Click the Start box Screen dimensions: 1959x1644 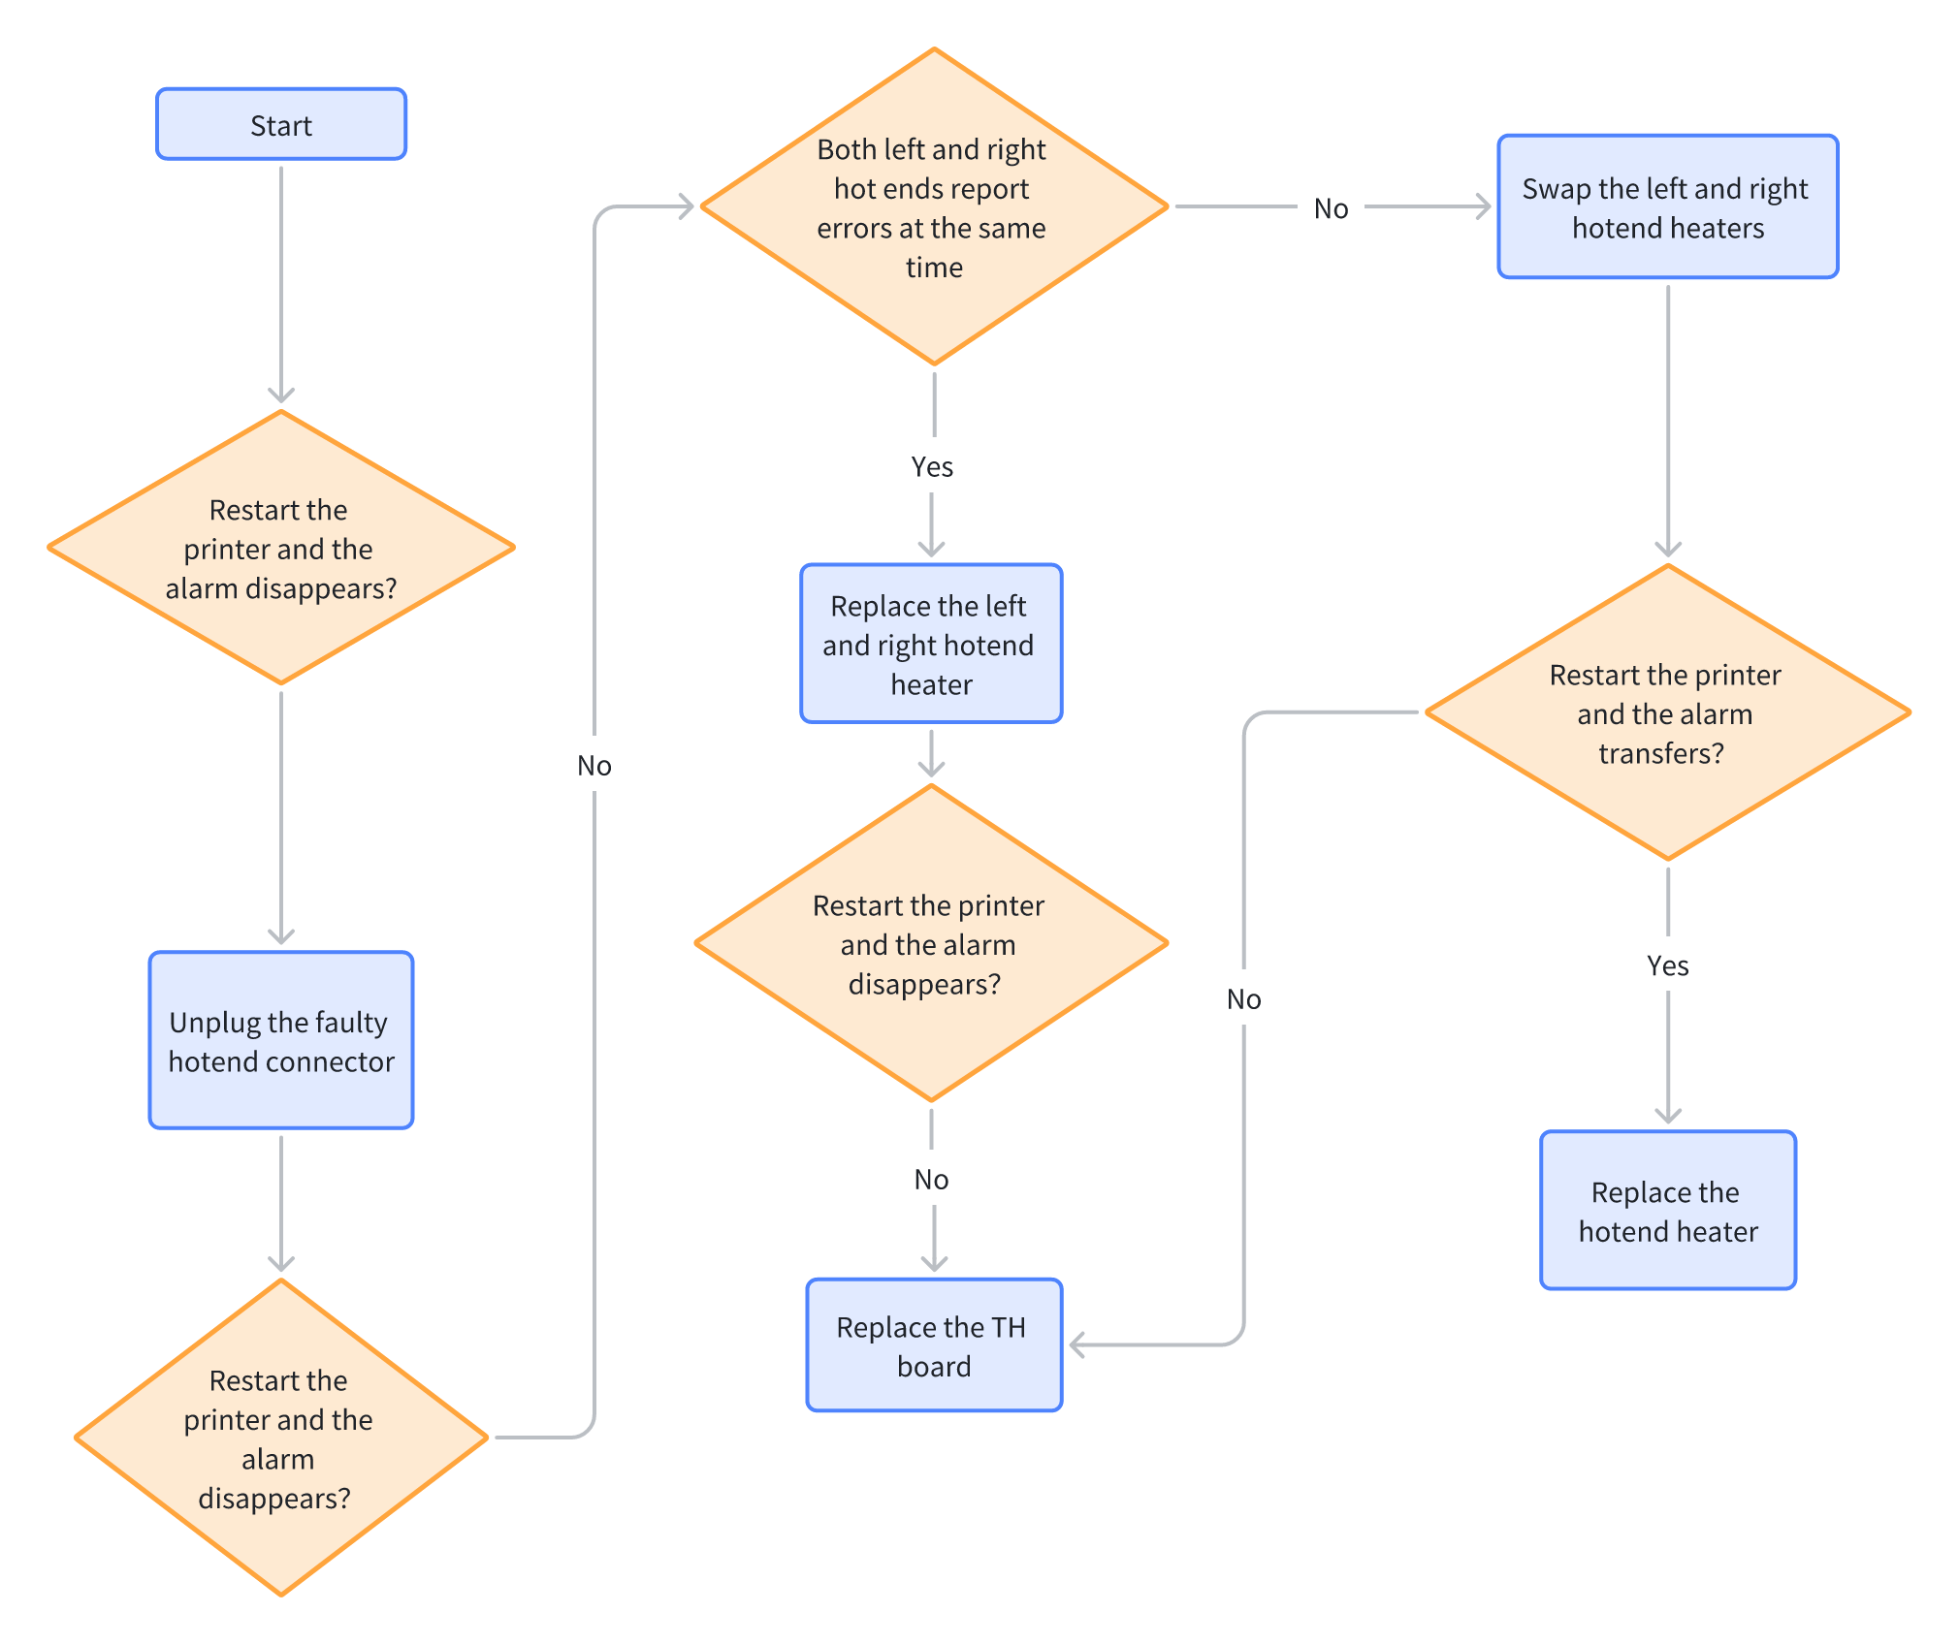coord(281,124)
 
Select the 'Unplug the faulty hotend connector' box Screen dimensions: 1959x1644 coord(281,1040)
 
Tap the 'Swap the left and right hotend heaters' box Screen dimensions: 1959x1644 coord(1668,206)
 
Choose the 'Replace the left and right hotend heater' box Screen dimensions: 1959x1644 coord(931,644)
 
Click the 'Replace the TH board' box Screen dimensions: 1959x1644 coord(934,1345)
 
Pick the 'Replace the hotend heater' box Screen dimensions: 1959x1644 coord(1668,1210)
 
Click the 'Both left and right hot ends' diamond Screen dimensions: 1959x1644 coord(934,206)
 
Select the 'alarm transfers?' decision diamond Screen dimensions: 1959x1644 coord(1668,712)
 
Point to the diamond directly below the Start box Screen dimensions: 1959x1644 coord(281,548)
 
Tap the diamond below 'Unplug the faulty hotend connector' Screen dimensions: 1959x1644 coord(281,1438)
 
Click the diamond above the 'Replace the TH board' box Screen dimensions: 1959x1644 coord(931,943)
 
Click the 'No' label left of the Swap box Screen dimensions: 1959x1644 coord(1331,208)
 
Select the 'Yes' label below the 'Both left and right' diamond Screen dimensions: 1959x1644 coord(932,467)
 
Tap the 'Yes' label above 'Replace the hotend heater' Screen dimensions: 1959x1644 coord(1668,965)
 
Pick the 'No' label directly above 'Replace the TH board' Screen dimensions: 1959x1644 coord(931,1180)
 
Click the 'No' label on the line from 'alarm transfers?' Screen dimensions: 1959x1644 coord(1243,999)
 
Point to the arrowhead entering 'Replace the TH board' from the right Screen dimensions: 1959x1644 coord(1076,1344)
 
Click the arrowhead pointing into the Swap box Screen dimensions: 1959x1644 coord(1484,206)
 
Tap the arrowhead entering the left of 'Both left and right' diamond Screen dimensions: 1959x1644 coord(687,206)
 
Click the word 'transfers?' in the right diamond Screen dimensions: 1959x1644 coord(1661,753)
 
